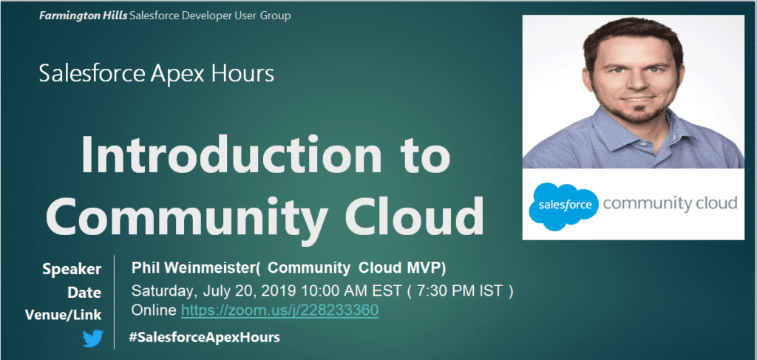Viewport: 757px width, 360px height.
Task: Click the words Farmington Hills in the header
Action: pyautogui.click(x=83, y=16)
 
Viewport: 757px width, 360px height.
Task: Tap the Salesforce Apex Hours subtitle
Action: pyautogui.click(x=157, y=75)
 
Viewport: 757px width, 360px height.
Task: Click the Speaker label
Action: pyautogui.click(x=72, y=269)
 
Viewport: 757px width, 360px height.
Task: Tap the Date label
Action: pyautogui.click(x=84, y=293)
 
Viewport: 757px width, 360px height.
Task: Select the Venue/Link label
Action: pyautogui.click(x=64, y=315)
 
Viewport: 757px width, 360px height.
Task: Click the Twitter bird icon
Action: pyautogui.click(x=92, y=339)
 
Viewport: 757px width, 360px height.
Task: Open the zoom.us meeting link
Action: pyautogui.click(x=279, y=310)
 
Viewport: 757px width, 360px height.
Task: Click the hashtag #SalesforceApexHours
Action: pyautogui.click(x=204, y=338)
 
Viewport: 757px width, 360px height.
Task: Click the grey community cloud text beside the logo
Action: pyautogui.click(x=670, y=203)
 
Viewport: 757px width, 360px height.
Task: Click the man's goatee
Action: pyautogui.click(x=634, y=112)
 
